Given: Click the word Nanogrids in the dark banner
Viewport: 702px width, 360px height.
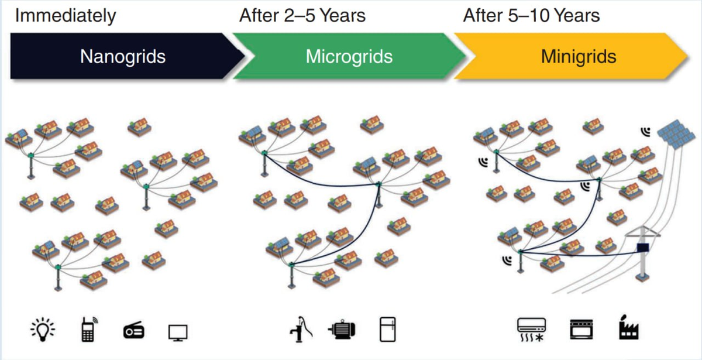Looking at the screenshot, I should pos(123,57).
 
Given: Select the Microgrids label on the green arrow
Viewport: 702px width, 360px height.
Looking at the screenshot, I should pos(349,57).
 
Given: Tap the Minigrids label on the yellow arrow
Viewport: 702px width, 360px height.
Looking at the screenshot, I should pos(579,57).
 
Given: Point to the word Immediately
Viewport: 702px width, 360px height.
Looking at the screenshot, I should pos(66,16).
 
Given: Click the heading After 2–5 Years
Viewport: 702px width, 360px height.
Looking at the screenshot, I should pos(302,16).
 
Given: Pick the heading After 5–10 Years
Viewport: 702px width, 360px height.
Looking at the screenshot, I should pos(531,16).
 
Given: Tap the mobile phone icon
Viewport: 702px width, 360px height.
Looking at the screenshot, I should pos(88,330).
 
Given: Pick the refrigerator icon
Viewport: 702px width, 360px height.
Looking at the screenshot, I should pos(387,330).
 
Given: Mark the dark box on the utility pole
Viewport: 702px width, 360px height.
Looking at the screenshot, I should pos(643,248).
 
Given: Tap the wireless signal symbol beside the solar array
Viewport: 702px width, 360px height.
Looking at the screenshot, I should pos(646,132).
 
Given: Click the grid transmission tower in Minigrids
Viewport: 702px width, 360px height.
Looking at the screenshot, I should pos(643,258).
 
